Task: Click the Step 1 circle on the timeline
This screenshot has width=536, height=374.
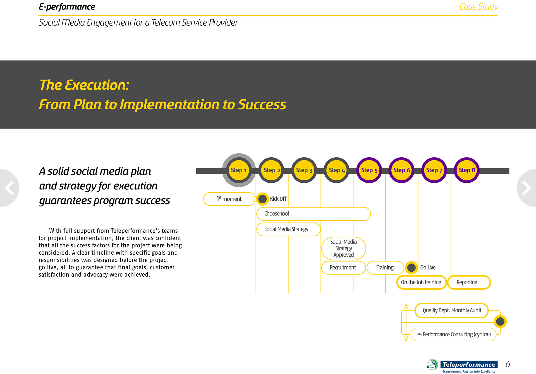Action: tap(239, 170)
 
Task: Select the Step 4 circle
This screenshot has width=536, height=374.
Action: tap(337, 170)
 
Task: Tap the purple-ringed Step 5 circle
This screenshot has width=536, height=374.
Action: tap(369, 170)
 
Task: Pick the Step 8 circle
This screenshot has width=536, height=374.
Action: tap(467, 170)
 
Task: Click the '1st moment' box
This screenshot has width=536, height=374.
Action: tap(229, 199)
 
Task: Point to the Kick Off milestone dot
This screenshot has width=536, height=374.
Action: tap(262, 199)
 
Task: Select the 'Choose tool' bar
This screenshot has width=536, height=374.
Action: tap(313, 214)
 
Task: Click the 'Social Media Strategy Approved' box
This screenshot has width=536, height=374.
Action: tap(343, 248)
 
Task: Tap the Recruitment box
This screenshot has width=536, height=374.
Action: tap(343, 267)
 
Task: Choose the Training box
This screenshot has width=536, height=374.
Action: tap(385, 267)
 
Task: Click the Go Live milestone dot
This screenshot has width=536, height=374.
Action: tap(411, 267)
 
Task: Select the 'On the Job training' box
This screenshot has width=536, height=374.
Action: tap(421, 282)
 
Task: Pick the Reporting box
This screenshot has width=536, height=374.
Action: tap(468, 282)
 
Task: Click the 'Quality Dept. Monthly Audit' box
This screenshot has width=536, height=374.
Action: tap(452, 310)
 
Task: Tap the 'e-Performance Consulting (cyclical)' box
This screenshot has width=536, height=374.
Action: tap(454, 334)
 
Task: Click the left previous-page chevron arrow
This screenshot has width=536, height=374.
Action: tap(10, 188)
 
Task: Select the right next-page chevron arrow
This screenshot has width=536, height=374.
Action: tap(526, 188)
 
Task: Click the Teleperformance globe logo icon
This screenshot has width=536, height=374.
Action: tap(432, 365)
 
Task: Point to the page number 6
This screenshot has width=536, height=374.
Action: tap(508, 364)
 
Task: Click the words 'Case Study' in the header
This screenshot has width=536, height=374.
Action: tap(478, 7)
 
